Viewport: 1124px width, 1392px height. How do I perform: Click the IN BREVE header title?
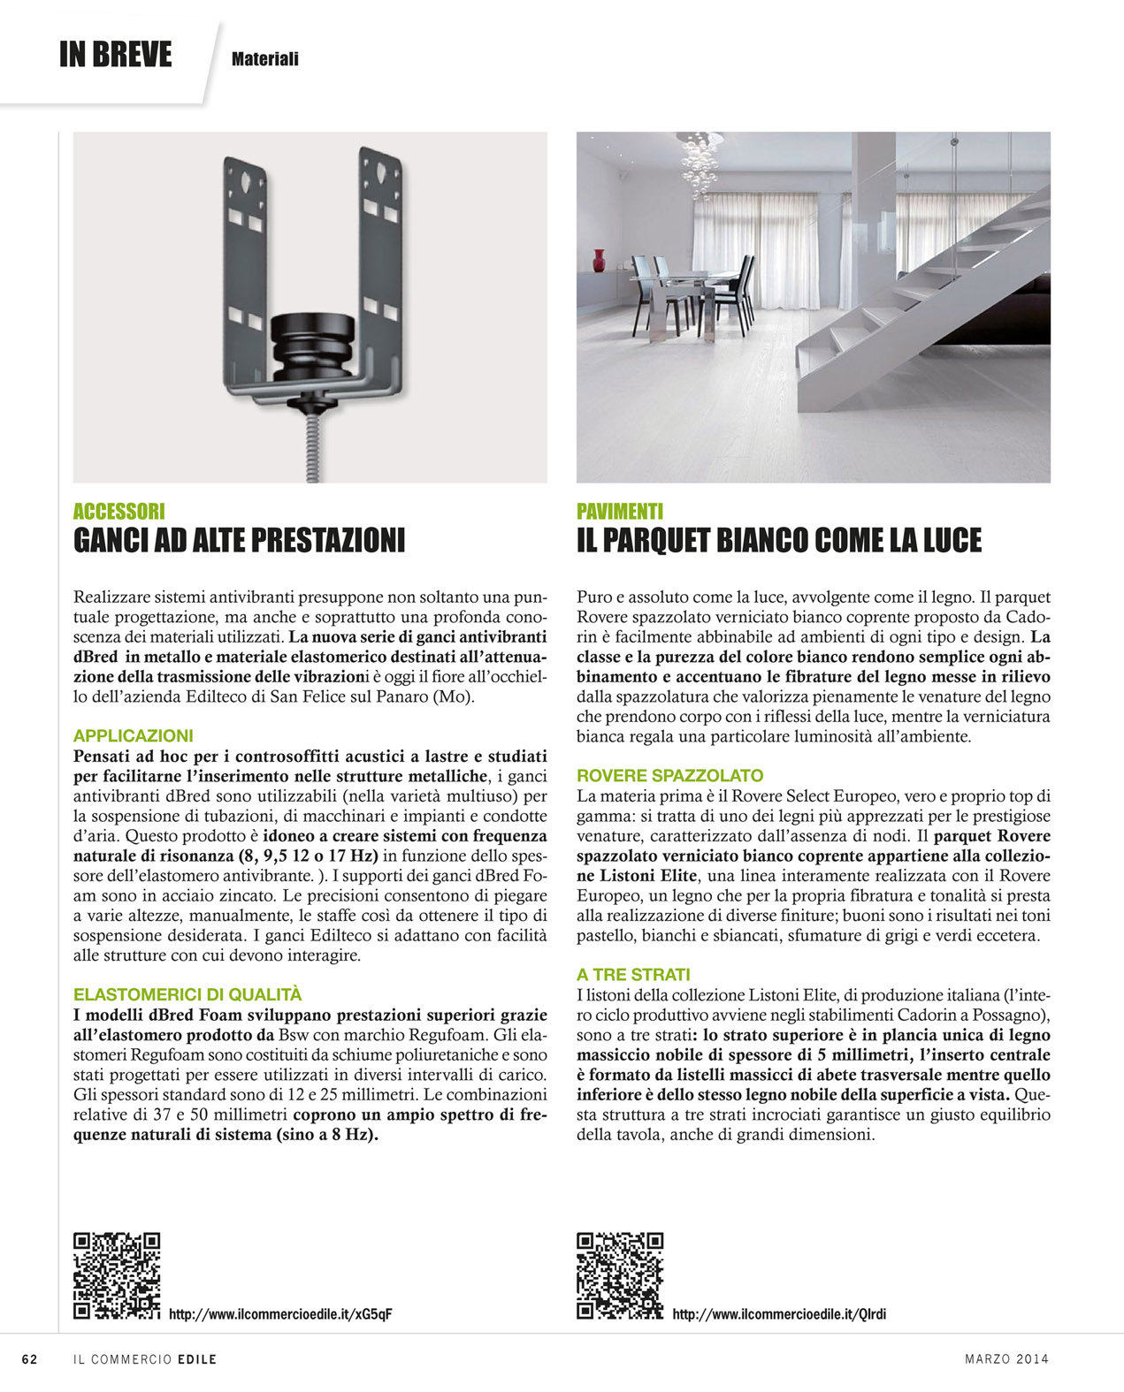point(115,55)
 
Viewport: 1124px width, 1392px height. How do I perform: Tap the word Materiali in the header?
point(264,59)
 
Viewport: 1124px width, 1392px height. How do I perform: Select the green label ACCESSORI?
point(119,511)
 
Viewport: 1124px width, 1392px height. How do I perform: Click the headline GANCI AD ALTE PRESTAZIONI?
point(239,540)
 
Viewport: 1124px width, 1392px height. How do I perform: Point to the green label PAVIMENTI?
point(620,511)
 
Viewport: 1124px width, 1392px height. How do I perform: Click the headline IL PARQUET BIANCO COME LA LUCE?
point(779,540)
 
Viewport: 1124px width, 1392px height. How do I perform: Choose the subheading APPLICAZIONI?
point(133,735)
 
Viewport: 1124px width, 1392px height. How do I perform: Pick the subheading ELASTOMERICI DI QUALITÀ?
point(187,994)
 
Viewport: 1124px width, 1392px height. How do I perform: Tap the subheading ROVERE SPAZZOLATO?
point(669,775)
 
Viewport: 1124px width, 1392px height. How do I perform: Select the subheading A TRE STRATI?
point(633,974)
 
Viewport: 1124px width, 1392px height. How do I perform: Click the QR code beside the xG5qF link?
point(117,1275)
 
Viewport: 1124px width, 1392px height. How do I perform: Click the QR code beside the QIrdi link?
point(620,1275)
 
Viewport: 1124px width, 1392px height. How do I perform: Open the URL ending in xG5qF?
point(279,1314)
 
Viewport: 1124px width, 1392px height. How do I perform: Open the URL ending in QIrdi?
point(779,1314)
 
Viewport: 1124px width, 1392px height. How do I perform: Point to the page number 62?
point(29,1359)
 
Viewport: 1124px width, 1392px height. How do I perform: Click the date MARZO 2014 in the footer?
point(1006,1359)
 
